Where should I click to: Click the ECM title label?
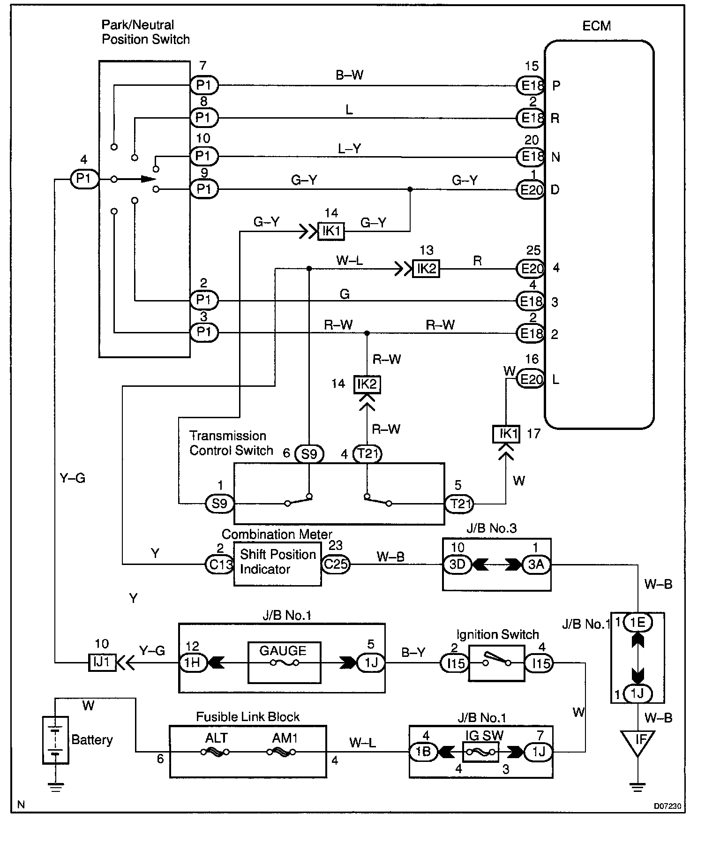tap(596, 26)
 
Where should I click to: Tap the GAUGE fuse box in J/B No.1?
tap(284, 662)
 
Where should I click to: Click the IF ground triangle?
tap(638, 742)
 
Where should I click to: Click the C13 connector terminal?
tap(219, 564)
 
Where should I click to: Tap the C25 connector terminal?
tap(336, 564)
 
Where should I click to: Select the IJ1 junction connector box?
tap(102, 662)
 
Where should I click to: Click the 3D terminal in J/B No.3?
tap(457, 565)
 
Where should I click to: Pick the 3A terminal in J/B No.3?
tap(536, 565)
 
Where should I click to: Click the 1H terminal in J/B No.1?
tap(193, 662)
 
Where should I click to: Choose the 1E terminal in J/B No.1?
tap(638, 623)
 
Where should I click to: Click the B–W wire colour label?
tap(349, 75)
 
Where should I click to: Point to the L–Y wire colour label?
tap(349, 149)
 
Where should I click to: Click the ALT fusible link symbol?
tap(215, 752)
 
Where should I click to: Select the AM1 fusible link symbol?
tap(281, 752)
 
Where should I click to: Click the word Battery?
tap(92, 740)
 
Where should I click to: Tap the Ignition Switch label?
tap(497, 635)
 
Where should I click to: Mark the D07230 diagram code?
tap(667, 806)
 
